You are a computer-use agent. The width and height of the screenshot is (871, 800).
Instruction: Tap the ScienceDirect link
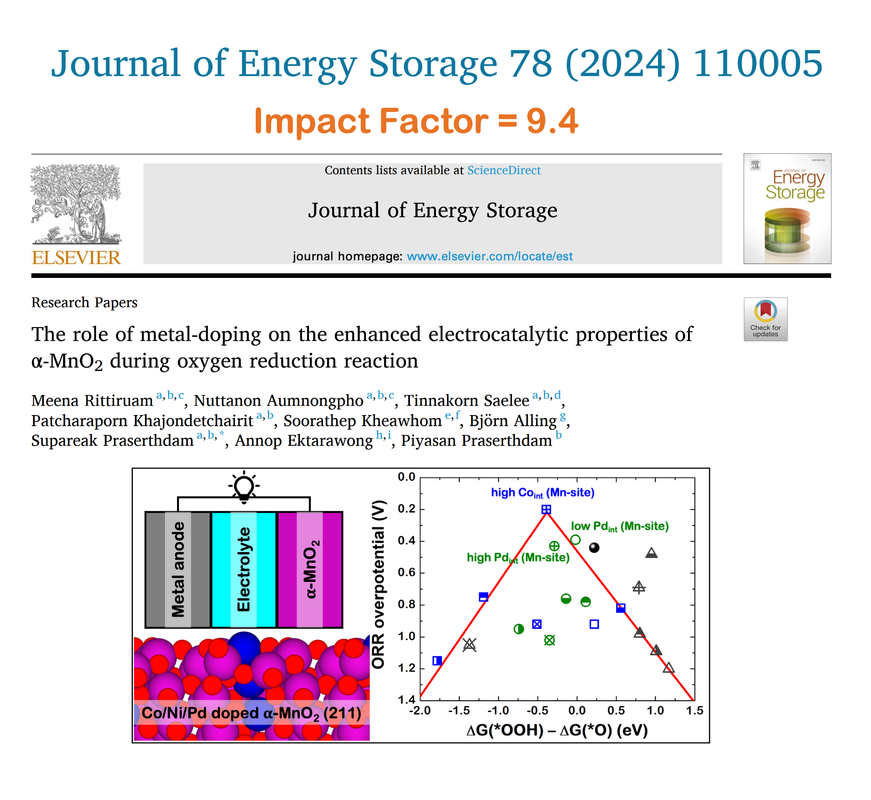pyautogui.click(x=504, y=170)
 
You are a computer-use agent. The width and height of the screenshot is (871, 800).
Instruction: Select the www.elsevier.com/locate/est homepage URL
pyautogui.click(x=490, y=256)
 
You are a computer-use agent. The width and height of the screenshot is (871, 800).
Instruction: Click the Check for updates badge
pyautogui.click(x=765, y=319)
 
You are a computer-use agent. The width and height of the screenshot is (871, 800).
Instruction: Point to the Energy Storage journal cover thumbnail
pyautogui.click(x=787, y=208)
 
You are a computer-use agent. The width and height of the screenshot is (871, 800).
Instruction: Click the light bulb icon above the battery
pyautogui.click(x=244, y=487)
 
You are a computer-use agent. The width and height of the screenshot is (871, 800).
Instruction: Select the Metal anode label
pyautogui.click(x=178, y=570)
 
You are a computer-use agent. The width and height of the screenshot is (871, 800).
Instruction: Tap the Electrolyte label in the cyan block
pyautogui.click(x=244, y=570)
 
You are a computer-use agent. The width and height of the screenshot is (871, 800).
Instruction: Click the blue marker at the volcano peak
pyautogui.click(x=546, y=510)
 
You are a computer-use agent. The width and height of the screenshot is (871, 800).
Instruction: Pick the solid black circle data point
pyautogui.click(x=594, y=548)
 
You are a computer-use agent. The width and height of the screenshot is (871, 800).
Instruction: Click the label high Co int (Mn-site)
pyautogui.click(x=543, y=493)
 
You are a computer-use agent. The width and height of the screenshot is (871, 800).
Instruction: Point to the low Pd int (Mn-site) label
pyautogui.click(x=620, y=527)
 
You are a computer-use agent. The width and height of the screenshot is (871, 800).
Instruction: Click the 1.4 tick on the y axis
pyautogui.click(x=406, y=699)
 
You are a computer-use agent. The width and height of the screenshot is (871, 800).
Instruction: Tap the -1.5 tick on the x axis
pyautogui.click(x=459, y=711)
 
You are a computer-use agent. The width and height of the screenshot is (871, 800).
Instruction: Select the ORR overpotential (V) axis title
pyautogui.click(x=379, y=585)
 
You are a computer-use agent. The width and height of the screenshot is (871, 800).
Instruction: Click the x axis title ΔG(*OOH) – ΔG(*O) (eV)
pyautogui.click(x=557, y=731)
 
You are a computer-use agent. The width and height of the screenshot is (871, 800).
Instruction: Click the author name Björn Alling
pyautogui.click(x=512, y=421)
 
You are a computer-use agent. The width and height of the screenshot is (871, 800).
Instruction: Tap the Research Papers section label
pyautogui.click(x=84, y=302)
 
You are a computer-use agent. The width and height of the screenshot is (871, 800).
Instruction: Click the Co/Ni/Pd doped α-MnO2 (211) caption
pyautogui.click(x=251, y=713)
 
